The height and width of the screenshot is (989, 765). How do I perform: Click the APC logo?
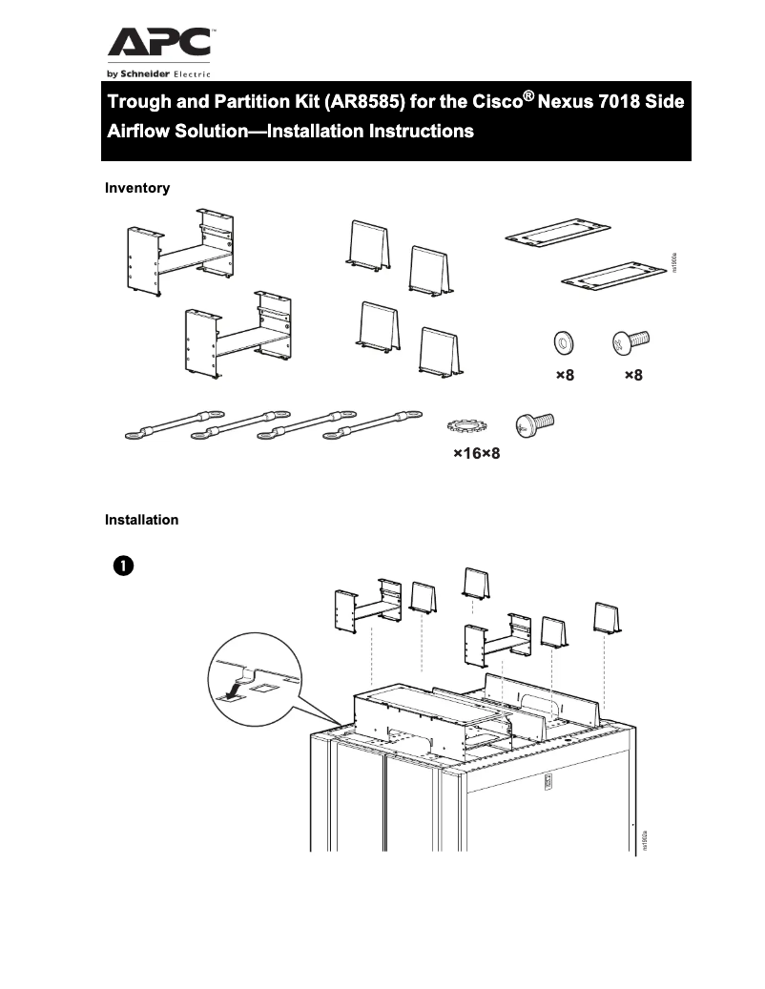(x=158, y=43)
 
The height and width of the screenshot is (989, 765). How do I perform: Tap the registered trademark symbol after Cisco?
(x=524, y=94)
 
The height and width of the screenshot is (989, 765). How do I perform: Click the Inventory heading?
(x=136, y=188)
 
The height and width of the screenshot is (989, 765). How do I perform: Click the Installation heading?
(x=141, y=520)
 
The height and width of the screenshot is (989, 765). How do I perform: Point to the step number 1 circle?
(x=122, y=565)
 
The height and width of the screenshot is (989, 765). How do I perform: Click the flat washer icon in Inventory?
(x=564, y=341)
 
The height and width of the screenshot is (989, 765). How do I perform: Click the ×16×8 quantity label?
(x=476, y=454)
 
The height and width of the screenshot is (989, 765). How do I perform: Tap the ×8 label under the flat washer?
(x=565, y=376)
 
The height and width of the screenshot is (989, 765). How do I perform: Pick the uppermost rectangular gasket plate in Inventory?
(x=556, y=232)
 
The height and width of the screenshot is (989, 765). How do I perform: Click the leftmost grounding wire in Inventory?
(x=169, y=426)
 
